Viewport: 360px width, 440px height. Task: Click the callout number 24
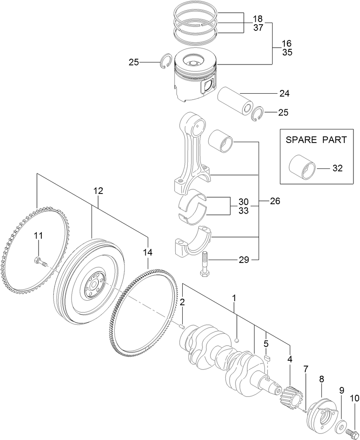click(x=284, y=94)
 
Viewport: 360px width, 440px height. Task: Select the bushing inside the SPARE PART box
click(x=303, y=168)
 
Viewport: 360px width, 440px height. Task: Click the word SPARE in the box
click(x=301, y=140)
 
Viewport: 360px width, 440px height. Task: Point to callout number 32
click(x=337, y=168)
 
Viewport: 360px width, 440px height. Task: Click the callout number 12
click(x=98, y=191)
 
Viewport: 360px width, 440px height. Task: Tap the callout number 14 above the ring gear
click(x=147, y=252)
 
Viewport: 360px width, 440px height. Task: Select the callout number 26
click(x=275, y=201)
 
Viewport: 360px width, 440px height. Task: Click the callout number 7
click(x=305, y=369)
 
